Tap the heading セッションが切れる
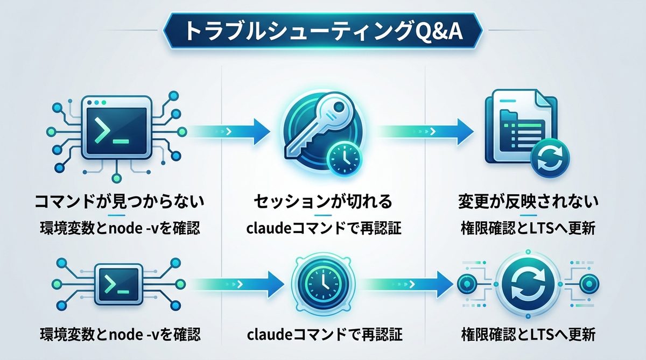[x=323, y=203]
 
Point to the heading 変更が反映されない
[x=528, y=203]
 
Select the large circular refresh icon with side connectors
[x=528, y=283]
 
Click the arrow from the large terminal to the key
[x=229, y=130]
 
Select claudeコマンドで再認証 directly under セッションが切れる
[x=324, y=228]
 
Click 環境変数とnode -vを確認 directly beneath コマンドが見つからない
[x=119, y=228]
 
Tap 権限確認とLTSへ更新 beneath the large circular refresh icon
[x=528, y=335]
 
